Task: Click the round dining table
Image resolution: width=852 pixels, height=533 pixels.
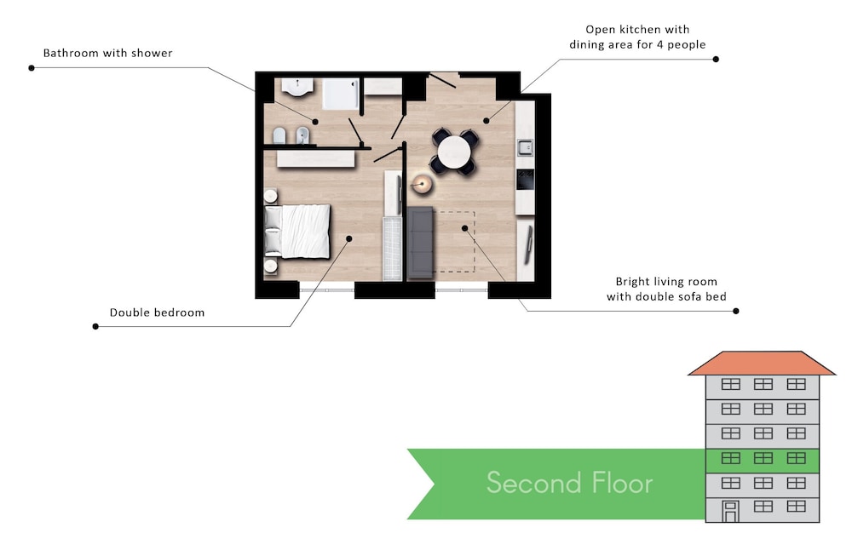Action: click(x=454, y=152)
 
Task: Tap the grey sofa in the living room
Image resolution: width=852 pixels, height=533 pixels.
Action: click(x=420, y=242)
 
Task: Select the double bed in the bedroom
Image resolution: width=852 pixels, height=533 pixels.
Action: click(x=297, y=231)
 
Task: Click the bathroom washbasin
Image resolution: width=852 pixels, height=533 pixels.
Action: click(x=297, y=87)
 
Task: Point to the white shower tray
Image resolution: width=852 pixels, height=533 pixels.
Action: click(x=341, y=94)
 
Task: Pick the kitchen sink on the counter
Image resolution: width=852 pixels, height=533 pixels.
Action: click(x=525, y=147)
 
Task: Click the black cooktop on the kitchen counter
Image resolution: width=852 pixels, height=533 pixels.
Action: click(x=525, y=179)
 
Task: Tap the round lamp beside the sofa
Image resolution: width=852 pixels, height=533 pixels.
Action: click(x=422, y=185)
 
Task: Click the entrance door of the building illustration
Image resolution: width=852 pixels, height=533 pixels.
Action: click(x=730, y=512)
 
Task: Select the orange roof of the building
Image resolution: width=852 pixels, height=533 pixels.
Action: click(x=762, y=363)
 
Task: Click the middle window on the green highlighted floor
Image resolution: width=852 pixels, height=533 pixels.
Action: click(x=763, y=459)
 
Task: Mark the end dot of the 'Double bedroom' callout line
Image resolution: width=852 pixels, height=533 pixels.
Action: click(x=95, y=326)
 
